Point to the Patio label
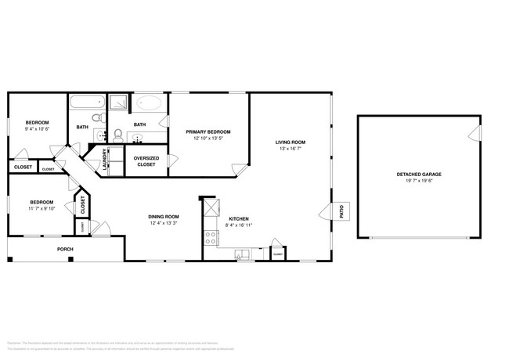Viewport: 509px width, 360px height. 341,211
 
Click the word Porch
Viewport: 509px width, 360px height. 65,250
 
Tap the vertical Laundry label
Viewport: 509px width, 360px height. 104,160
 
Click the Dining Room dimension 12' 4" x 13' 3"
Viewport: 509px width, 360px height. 164,223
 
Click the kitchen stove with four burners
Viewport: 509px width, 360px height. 211,235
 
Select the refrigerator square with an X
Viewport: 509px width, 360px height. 211,209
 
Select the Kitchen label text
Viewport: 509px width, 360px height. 239,218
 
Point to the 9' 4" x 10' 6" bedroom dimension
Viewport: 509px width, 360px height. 38,129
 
